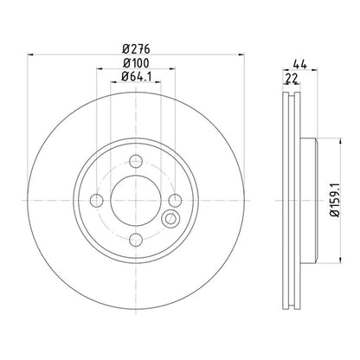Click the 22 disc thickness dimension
pos(292,79)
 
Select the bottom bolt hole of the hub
pos(137,239)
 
